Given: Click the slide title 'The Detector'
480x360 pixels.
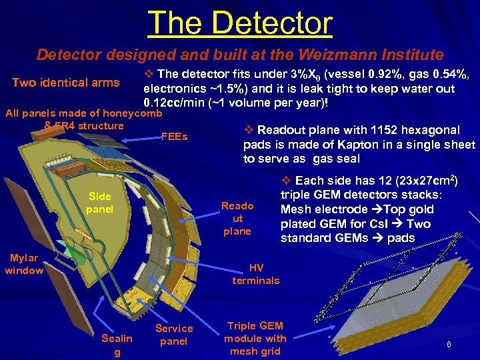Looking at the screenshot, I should [x=240, y=23].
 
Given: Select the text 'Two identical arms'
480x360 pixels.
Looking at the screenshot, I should [x=65, y=83].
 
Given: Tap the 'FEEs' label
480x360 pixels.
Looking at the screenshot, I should [x=175, y=137].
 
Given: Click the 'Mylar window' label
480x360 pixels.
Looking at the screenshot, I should [x=24, y=264].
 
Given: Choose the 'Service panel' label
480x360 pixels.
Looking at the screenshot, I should [x=174, y=335].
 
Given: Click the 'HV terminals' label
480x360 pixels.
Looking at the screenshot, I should [x=256, y=274].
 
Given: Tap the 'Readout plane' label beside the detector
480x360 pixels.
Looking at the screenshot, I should [x=237, y=218].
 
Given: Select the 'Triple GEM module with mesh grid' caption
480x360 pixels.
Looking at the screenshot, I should [x=255, y=338].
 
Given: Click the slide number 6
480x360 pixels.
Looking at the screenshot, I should [x=449, y=344].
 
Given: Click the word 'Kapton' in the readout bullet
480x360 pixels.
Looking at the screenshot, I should [x=349, y=145].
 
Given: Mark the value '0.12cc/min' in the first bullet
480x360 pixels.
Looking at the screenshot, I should [x=170, y=103].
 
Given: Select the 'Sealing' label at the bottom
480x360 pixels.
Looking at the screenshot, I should [x=117, y=345].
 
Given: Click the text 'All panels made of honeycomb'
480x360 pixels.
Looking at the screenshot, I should [x=83, y=113].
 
